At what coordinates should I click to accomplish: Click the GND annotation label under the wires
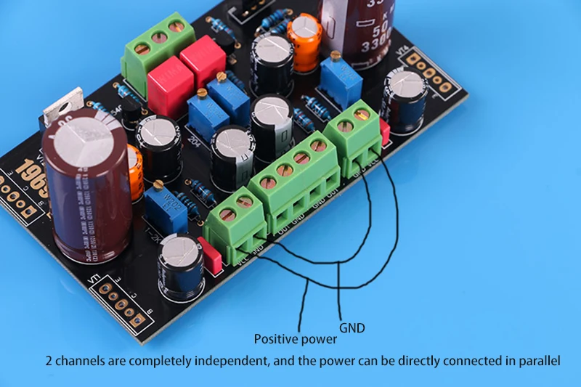[352, 328]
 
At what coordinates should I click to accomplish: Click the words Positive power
[295, 339]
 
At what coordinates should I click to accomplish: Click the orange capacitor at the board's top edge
[305, 33]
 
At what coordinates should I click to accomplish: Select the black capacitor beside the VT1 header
[182, 265]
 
